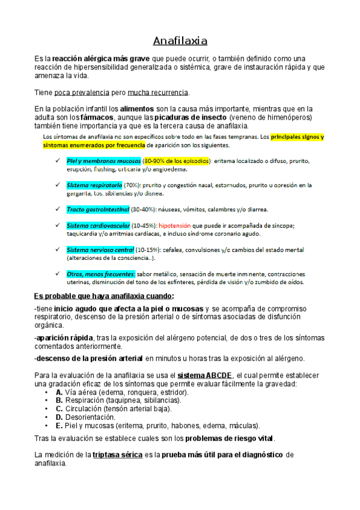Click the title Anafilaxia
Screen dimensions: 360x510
180,41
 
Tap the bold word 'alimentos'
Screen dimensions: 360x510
137,109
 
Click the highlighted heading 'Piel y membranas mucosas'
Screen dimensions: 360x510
103,161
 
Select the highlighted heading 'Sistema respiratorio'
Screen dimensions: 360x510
94,185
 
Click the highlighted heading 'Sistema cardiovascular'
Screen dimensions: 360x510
98,226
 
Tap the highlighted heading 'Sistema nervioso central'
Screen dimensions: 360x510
100,250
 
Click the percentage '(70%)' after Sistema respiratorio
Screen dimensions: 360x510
132,185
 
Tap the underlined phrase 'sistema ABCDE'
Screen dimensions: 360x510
201,375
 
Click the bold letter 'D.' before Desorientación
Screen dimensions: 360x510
59,417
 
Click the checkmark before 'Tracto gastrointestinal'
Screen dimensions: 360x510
56,209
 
